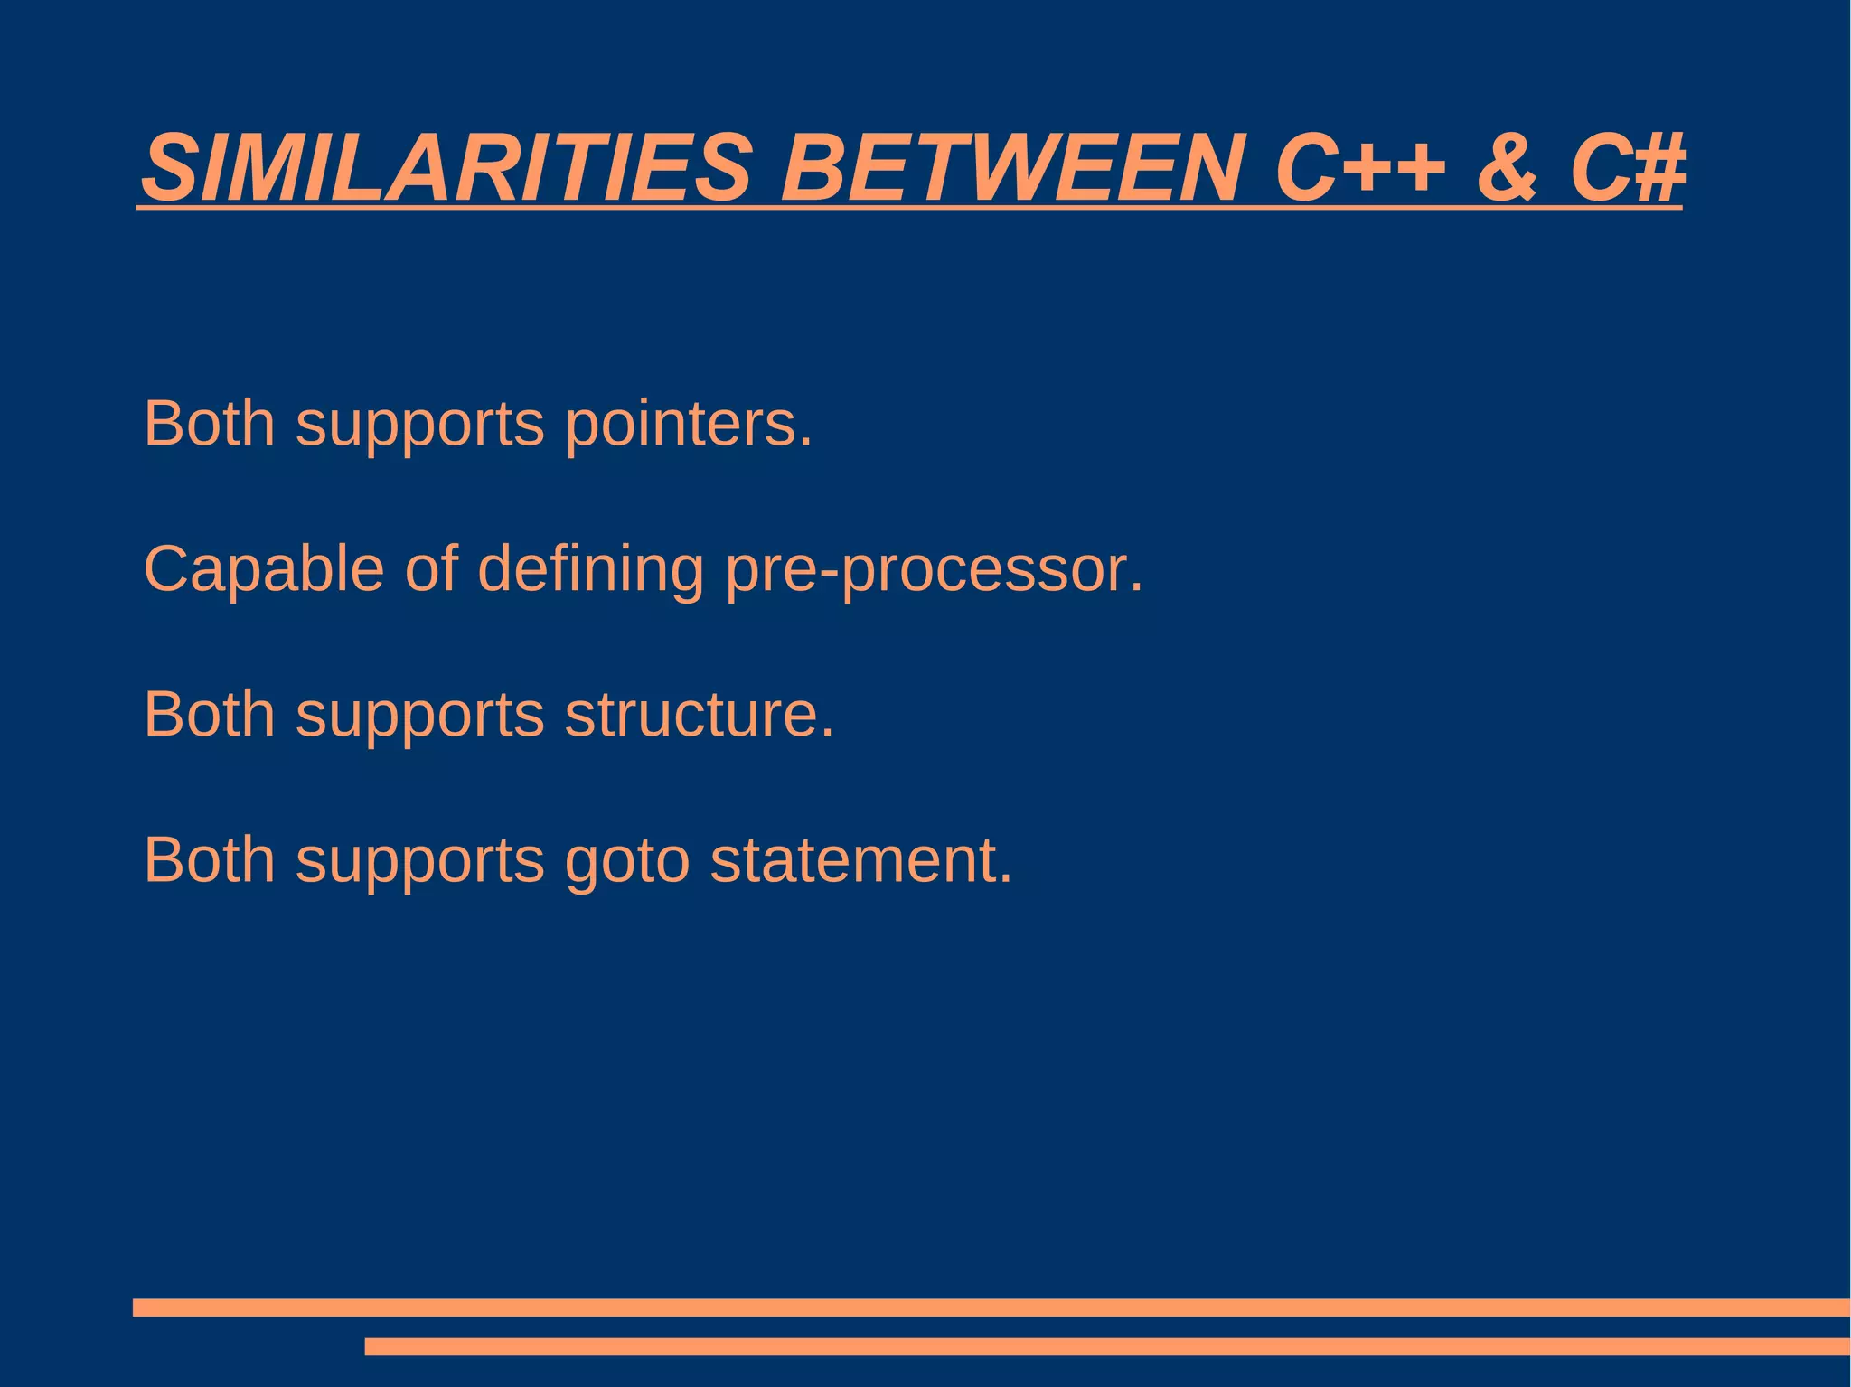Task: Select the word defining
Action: [590, 569]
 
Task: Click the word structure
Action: [699, 714]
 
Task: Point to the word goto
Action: [627, 860]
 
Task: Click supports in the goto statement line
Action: [420, 861]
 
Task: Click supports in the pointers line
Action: [420, 425]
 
